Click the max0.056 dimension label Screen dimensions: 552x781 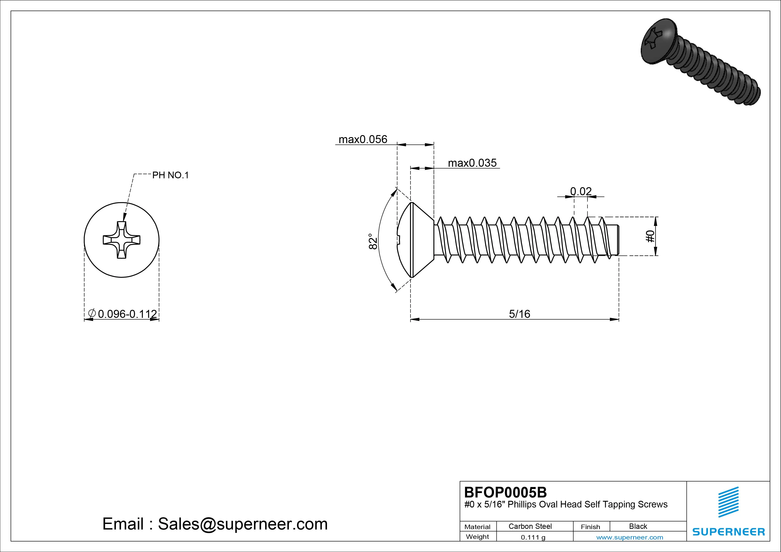click(x=363, y=139)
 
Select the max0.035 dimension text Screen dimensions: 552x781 click(x=472, y=163)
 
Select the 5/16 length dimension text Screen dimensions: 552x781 click(x=519, y=314)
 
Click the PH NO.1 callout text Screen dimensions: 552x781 click(x=170, y=175)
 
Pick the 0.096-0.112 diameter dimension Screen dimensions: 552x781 click(x=127, y=314)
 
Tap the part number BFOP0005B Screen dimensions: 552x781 click(x=505, y=492)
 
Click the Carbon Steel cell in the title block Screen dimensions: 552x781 click(x=530, y=526)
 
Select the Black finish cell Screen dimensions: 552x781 click(x=638, y=526)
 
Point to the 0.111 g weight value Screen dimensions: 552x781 click(x=533, y=537)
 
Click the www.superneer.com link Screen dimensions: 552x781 click(x=630, y=537)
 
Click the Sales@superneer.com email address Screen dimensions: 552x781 click(x=242, y=524)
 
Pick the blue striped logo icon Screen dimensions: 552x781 click(x=728, y=502)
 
